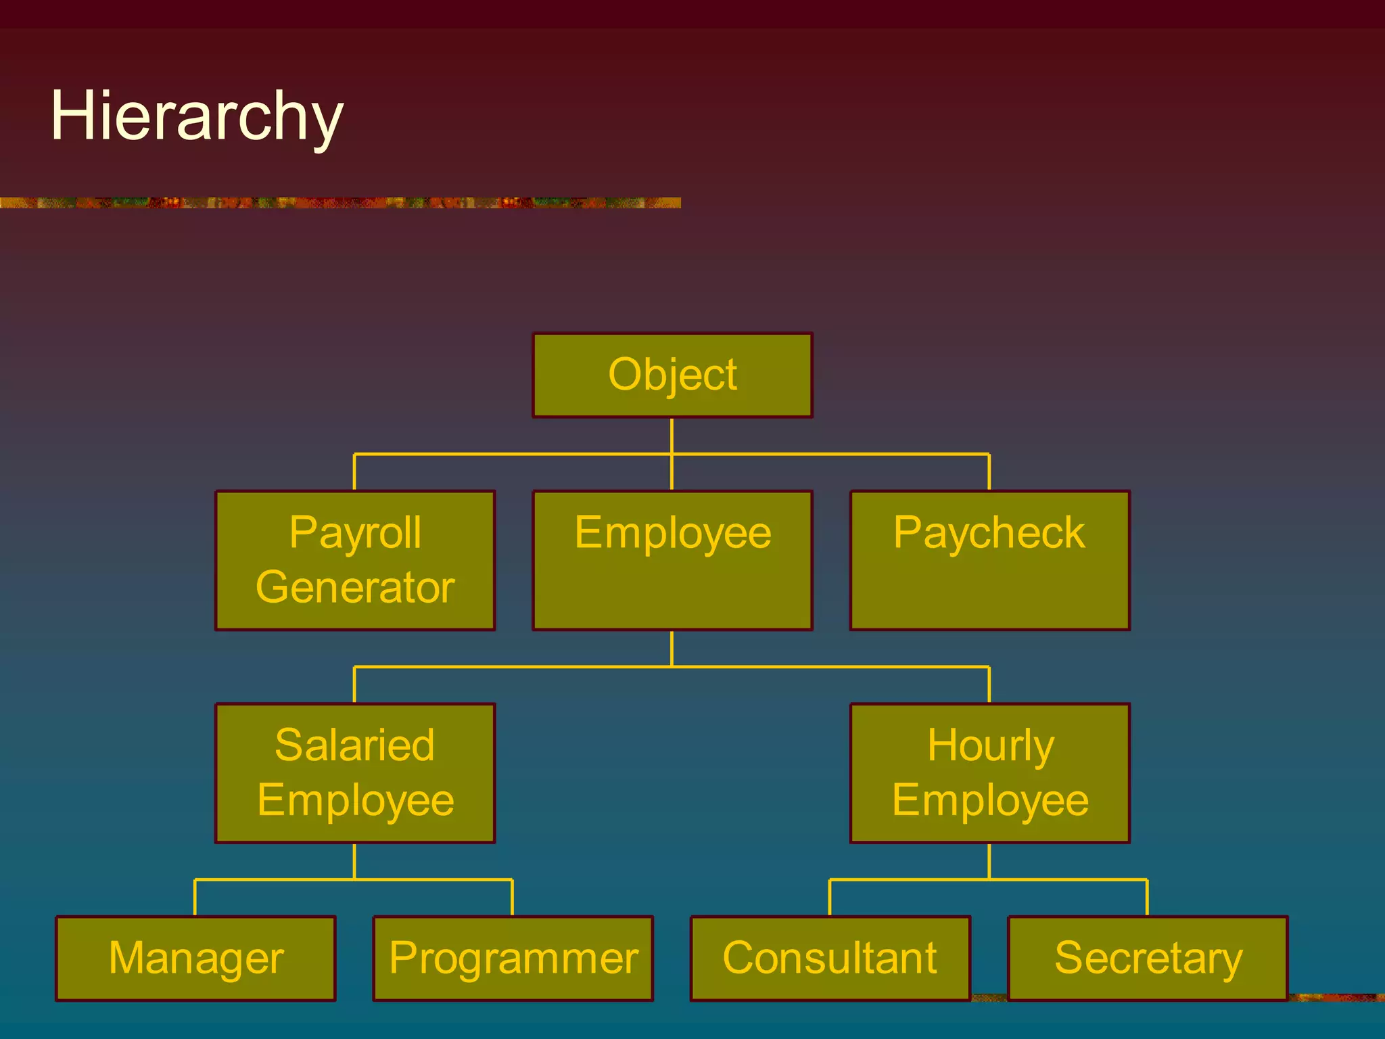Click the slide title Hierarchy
[197, 116]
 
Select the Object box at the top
[672, 375]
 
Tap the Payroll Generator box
[355, 560]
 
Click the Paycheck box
[989, 560]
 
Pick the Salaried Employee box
[355, 772]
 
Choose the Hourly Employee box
[989, 772]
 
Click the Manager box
[195, 958]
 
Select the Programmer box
[513, 958]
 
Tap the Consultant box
[830, 958]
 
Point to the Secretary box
[1148, 958]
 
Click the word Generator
[355, 587]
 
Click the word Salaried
[355, 745]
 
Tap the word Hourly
[990, 745]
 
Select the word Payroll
[355, 533]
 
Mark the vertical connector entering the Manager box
[195, 898]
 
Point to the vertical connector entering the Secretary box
[1147, 898]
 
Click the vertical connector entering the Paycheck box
[989, 472]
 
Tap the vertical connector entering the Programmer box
[512, 898]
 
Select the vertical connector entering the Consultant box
[830, 898]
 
